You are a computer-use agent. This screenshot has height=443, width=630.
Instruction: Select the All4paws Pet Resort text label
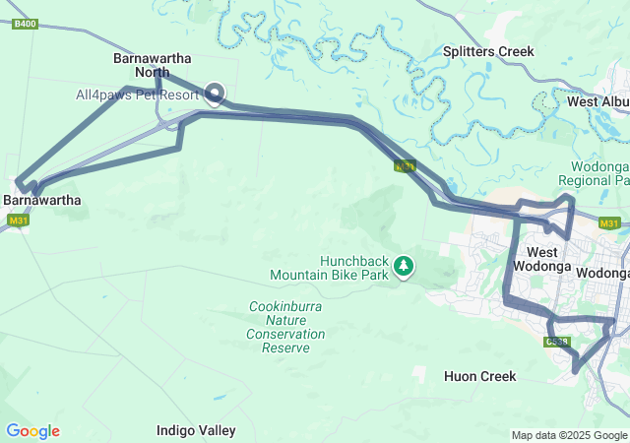tap(139, 95)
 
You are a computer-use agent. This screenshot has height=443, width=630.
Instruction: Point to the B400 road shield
tap(26, 24)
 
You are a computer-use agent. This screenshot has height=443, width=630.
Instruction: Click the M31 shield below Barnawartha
tap(17, 221)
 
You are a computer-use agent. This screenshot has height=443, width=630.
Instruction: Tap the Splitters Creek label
tap(488, 51)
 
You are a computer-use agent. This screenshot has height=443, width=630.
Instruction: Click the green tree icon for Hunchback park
tap(404, 265)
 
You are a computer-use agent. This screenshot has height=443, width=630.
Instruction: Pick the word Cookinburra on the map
tap(285, 307)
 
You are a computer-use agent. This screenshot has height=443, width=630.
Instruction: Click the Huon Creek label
tap(479, 376)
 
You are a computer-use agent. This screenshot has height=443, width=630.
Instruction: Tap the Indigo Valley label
tap(196, 430)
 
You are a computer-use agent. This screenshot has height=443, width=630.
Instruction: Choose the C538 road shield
tap(557, 342)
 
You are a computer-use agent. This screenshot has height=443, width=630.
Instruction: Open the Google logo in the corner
tap(32, 431)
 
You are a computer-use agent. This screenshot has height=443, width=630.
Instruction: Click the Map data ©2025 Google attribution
tap(569, 435)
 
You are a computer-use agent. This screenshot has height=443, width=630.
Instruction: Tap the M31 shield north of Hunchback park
tap(405, 166)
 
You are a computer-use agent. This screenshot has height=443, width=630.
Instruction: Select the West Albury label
tap(598, 101)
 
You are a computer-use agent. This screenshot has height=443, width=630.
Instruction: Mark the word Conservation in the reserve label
tap(286, 335)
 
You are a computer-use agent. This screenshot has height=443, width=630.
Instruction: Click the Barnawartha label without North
tap(42, 200)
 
